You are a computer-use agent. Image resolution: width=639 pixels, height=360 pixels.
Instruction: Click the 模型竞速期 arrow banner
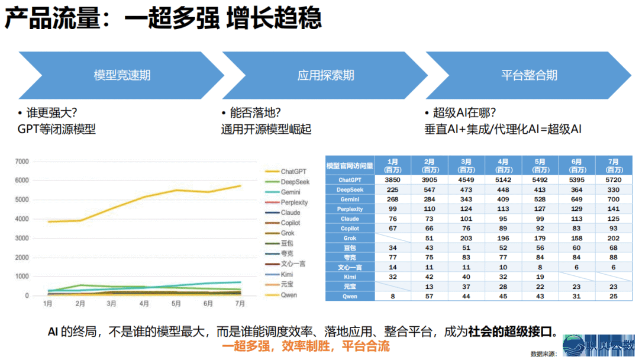point(121,75)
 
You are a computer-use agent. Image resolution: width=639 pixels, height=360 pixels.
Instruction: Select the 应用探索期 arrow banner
point(325,75)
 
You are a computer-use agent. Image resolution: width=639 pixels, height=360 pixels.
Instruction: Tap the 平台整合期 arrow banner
point(528,75)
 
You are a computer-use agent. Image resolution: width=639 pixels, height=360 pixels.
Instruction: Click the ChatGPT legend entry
point(293,172)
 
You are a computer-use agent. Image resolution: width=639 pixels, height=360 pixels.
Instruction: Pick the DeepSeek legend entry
point(295,182)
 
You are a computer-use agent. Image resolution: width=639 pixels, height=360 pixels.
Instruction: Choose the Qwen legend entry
point(289,295)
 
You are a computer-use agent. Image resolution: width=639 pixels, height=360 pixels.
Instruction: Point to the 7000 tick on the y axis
point(21,161)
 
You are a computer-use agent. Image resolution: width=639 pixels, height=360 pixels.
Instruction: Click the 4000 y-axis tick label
point(21,219)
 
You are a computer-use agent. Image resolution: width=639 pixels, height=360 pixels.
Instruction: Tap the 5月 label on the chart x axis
point(176,304)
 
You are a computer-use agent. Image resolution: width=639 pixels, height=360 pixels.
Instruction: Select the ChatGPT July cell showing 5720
point(613,179)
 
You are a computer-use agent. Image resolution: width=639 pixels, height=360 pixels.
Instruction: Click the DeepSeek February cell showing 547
point(429,189)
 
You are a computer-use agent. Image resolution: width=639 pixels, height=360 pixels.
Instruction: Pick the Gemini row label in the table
point(350,200)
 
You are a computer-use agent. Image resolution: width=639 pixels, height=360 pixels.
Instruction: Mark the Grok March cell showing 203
point(466,238)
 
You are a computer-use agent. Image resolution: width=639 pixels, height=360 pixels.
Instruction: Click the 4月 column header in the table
point(502,165)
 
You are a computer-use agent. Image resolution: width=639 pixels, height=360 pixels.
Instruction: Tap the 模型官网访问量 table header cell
point(350,165)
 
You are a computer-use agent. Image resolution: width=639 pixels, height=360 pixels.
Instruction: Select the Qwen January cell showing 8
point(392,296)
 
